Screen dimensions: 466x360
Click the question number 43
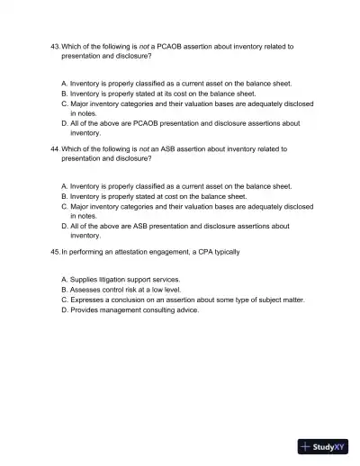coord(54,45)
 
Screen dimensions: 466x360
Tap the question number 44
coord(54,148)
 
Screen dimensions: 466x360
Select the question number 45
coord(54,252)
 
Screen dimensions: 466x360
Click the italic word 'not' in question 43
coord(137,45)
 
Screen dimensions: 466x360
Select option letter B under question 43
coord(64,93)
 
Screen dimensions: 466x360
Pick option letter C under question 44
coord(64,206)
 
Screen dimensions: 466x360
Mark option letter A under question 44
coord(64,186)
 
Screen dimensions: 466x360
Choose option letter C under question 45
coord(64,300)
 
